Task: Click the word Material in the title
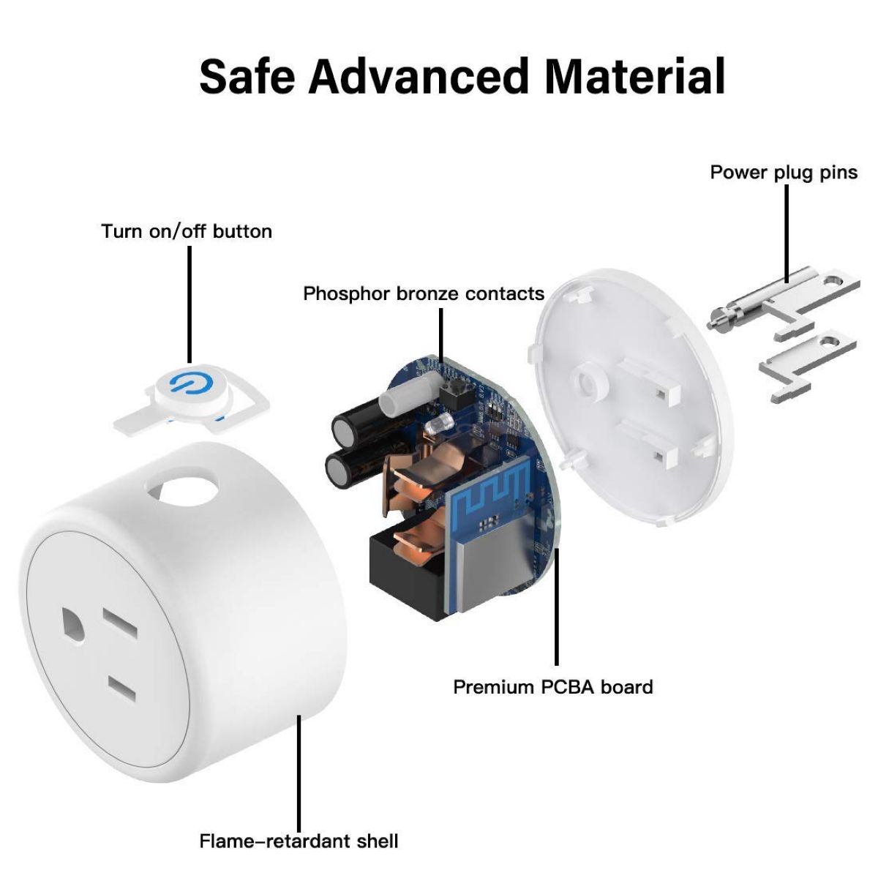click(x=636, y=75)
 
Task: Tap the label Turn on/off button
click(x=187, y=232)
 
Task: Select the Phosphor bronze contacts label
click(x=424, y=294)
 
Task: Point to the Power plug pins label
click(x=784, y=173)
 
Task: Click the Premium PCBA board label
click(x=552, y=687)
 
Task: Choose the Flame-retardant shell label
click(x=299, y=841)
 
